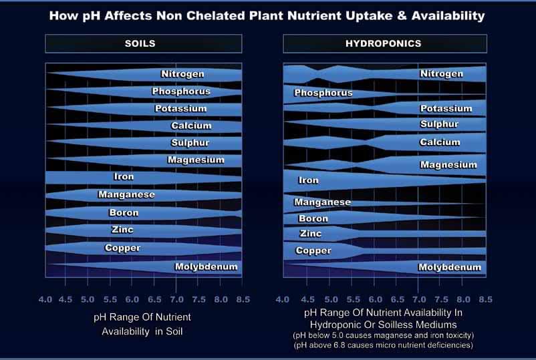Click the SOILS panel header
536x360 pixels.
pyautogui.click(x=144, y=44)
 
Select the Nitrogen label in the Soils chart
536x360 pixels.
pyautogui.click(x=182, y=74)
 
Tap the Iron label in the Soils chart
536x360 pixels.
pyautogui.click(x=124, y=177)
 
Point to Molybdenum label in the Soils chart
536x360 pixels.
pyautogui.click(x=206, y=267)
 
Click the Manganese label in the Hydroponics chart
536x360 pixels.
pyautogui.click(x=322, y=202)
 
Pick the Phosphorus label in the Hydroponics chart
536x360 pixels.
pyautogui.click(x=323, y=93)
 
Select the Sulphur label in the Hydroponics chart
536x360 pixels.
pyautogui.click(x=439, y=124)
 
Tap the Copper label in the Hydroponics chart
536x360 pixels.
pyautogui.click(x=313, y=251)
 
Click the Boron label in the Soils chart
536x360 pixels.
pyautogui.click(x=124, y=213)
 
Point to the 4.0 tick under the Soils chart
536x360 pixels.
pyautogui.click(x=45, y=299)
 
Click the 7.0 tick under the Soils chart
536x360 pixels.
pyautogui.click(x=176, y=299)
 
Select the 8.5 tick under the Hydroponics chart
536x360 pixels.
pyautogui.click(x=485, y=299)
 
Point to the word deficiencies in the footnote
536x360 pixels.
pyautogui.click(x=448, y=345)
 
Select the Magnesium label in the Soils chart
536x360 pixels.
pyautogui.click(x=195, y=160)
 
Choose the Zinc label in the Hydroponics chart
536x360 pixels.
pyautogui.click(x=310, y=234)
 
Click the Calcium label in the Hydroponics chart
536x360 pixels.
pyautogui.click(x=440, y=142)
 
